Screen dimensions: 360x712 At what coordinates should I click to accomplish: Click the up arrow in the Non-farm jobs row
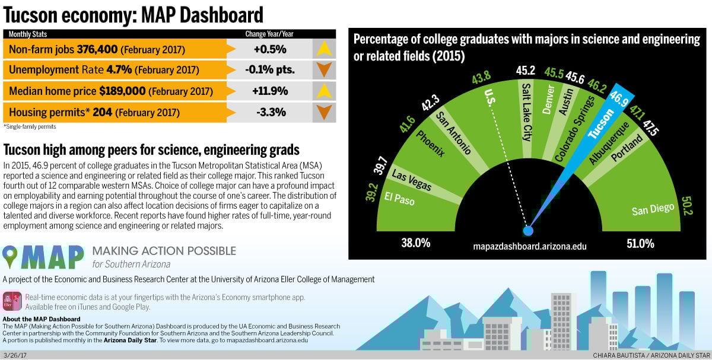323,49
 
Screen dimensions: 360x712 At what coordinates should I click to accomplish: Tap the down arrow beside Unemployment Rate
323,69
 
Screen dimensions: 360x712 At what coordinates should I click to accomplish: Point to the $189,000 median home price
122,91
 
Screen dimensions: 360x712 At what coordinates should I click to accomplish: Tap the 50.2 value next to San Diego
687,206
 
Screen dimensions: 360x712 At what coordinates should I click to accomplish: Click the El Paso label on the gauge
400,199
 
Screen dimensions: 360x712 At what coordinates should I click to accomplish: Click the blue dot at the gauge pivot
528,230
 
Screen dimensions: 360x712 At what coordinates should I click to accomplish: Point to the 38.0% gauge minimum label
415,243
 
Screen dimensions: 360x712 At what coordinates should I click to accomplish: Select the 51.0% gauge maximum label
640,243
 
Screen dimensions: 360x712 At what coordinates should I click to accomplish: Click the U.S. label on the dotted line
490,98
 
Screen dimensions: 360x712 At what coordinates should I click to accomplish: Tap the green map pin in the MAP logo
10,256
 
